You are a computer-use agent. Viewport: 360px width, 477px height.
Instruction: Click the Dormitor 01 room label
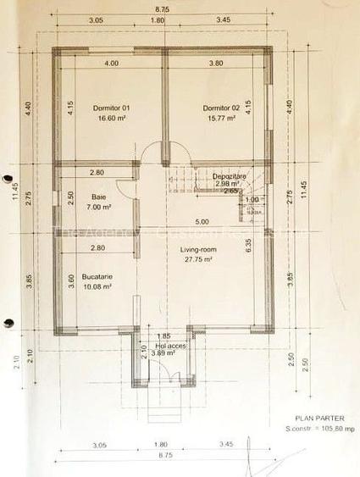111,108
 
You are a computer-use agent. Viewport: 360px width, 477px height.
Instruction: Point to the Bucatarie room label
97,276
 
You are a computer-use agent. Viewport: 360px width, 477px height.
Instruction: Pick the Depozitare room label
229,175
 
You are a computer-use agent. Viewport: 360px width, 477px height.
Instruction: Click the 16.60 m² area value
111,119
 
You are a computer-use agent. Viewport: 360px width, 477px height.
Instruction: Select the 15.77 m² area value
218,119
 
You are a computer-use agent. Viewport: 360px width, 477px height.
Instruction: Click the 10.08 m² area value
97,286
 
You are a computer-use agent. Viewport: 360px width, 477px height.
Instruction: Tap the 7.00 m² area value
99,206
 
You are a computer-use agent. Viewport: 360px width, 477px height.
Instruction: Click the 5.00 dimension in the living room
202,222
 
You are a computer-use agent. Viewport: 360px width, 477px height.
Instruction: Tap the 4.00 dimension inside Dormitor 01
111,64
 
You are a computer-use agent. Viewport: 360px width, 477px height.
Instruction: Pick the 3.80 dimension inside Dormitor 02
216,64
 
